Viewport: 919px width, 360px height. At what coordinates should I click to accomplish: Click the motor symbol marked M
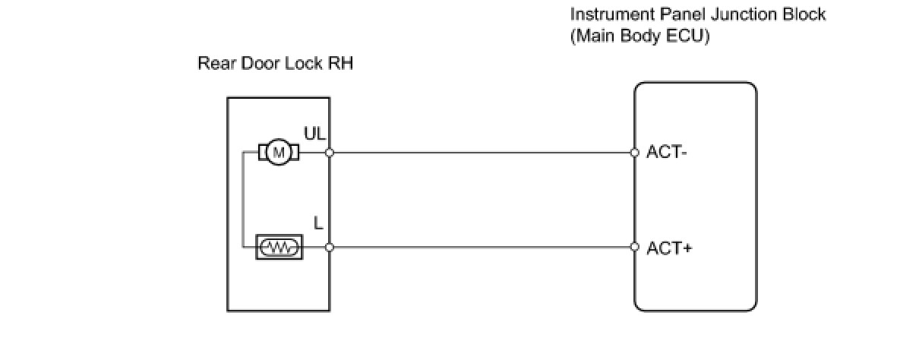coord(279,153)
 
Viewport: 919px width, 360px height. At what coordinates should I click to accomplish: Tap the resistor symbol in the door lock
coord(279,247)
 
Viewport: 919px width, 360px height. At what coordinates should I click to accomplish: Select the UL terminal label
coord(314,134)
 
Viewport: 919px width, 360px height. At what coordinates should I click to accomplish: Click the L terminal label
coord(318,223)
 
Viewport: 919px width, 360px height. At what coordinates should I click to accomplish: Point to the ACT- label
coord(666,153)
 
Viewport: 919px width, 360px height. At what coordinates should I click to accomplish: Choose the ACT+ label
coord(669,248)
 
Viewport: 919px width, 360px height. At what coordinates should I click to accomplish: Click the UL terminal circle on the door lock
coord(330,153)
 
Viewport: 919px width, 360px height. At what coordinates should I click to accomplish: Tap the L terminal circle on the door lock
coord(330,247)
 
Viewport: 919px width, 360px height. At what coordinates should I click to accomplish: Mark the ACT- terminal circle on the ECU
coord(635,153)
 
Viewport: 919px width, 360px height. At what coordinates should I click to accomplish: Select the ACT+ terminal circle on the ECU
coord(635,247)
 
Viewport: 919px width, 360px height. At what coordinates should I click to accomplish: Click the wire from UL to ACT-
coord(482,153)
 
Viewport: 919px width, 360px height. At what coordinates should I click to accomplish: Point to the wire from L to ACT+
coord(482,247)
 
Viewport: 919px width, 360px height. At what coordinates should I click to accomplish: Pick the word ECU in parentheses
coord(687,36)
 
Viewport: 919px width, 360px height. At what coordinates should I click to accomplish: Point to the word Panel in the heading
coord(683,14)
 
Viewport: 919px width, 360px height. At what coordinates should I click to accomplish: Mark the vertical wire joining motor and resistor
coord(243,200)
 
